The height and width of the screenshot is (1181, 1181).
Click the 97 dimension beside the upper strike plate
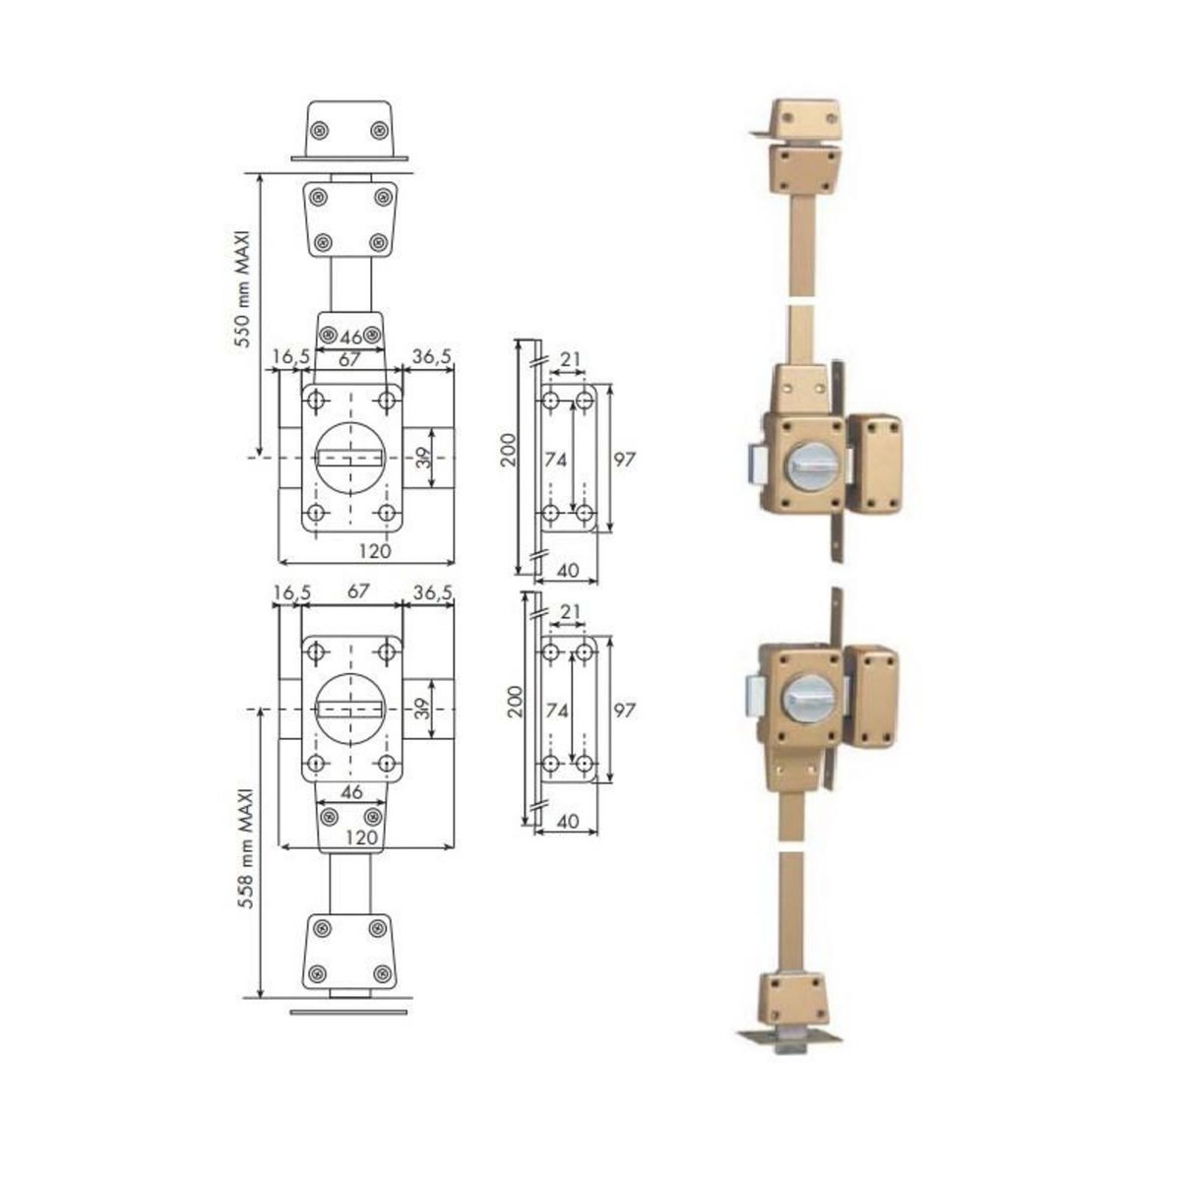(623, 459)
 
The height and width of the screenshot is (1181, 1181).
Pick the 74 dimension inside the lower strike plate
(557, 710)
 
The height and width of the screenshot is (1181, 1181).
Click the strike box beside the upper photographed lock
(874, 463)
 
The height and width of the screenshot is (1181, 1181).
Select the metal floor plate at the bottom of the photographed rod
(789, 1038)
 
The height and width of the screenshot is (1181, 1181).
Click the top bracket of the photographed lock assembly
(805, 118)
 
